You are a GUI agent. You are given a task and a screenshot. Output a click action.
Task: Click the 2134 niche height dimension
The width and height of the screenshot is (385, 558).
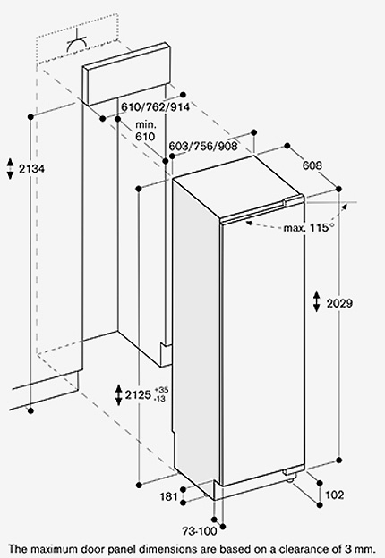pyautogui.click(x=31, y=168)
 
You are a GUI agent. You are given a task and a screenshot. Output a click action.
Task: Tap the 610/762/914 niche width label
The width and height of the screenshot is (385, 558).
pyautogui.click(x=155, y=106)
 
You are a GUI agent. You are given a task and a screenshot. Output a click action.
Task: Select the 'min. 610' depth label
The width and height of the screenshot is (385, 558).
pyautogui.click(x=145, y=131)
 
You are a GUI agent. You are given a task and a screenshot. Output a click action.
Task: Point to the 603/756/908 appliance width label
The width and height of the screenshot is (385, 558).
pyautogui.click(x=203, y=146)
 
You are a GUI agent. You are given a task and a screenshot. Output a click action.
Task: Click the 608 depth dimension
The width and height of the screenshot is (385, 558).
pyautogui.click(x=312, y=165)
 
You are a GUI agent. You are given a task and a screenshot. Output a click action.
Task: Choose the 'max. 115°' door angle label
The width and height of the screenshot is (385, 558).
pyautogui.click(x=309, y=227)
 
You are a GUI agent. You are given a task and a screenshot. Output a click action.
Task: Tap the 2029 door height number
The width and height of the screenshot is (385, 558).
pyautogui.click(x=339, y=303)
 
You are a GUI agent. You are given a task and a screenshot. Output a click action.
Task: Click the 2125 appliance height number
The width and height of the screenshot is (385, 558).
pyautogui.click(x=138, y=394)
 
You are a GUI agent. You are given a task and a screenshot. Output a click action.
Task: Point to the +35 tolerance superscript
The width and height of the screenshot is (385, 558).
pyautogui.click(x=161, y=390)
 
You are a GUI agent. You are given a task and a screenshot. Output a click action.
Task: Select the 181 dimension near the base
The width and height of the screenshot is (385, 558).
pyautogui.click(x=169, y=496)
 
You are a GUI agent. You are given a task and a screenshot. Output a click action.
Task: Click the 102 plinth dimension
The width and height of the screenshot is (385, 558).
pyautogui.click(x=335, y=495)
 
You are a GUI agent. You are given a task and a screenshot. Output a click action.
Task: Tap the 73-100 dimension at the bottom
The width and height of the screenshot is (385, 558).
pyautogui.click(x=200, y=531)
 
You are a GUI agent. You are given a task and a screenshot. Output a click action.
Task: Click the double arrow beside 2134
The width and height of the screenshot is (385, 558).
pyautogui.click(x=11, y=169)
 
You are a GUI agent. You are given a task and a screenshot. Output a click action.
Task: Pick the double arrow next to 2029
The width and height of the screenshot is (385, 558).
pyautogui.click(x=317, y=301)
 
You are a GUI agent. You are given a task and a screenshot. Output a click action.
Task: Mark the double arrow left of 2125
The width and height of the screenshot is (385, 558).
pyautogui.click(x=119, y=394)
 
